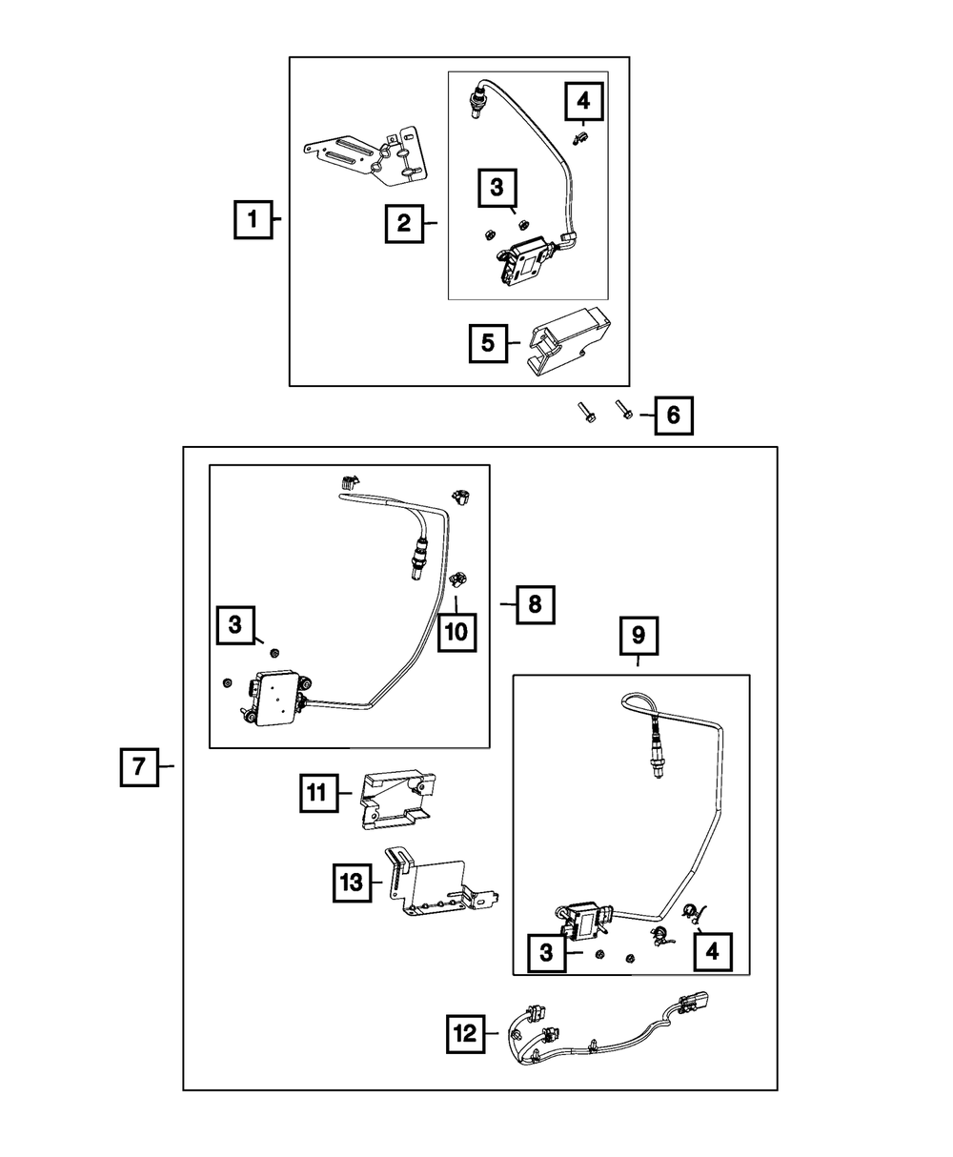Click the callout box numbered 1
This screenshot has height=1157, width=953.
253,220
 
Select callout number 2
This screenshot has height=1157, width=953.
404,224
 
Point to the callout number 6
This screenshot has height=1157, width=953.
673,416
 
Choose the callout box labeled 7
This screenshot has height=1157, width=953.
139,766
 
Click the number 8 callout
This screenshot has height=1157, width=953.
535,603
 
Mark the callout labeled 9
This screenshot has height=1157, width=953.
639,634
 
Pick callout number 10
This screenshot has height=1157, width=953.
456,632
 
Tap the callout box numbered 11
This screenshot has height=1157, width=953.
317,791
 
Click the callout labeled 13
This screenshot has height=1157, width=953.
352,883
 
